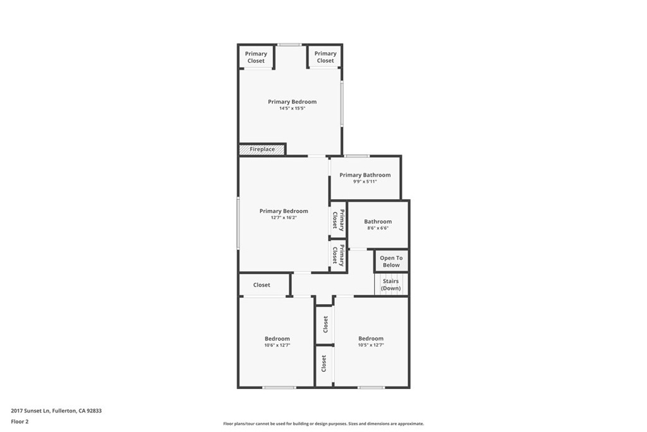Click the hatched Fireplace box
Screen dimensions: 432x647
pos(262,149)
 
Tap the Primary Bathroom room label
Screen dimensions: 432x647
pos(365,175)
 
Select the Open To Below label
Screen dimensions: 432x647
pos(391,261)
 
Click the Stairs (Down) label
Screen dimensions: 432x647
pos(391,285)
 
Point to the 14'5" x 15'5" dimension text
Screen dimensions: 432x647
pos(292,108)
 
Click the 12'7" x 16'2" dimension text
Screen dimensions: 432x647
pos(284,218)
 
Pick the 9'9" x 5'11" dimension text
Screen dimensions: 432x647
pos(365,182)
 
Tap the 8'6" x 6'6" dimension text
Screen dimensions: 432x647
pos(378,228)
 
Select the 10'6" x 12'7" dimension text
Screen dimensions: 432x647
pos(277,345)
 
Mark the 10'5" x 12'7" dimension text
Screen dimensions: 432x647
pos(371,345)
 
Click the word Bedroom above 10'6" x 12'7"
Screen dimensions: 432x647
pos(277,338)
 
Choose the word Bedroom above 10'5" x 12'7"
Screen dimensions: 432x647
pos(371,338)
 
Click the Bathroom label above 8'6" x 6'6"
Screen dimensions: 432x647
pos(378,221)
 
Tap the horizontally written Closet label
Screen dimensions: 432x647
pos(262,285)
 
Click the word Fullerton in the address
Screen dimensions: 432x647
pos(64,410)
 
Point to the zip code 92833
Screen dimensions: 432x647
pos(94,410)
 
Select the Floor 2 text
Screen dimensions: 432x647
pos(20,421)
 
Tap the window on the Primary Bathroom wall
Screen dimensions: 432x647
pos(358,156)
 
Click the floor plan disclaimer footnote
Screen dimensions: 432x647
pos(323,424)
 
